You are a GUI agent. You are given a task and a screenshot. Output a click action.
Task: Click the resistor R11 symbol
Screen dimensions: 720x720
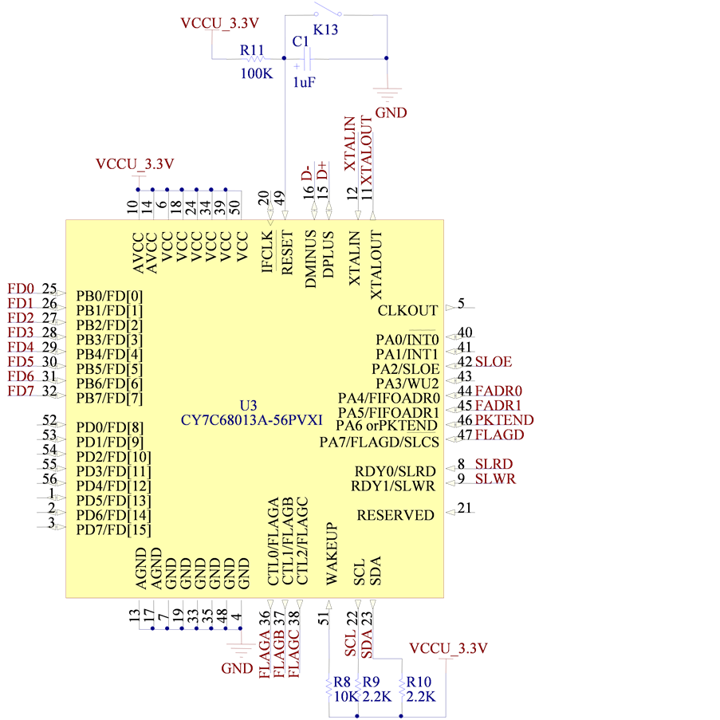255,58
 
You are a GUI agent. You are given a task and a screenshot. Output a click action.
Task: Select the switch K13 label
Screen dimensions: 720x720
325,30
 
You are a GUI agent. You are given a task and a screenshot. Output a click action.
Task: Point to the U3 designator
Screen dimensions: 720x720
249,404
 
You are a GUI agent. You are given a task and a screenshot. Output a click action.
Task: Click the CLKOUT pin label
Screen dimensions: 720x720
407,310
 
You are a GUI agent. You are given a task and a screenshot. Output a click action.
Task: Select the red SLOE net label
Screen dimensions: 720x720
493,361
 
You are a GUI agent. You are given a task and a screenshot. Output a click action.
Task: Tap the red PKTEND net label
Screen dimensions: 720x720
504,420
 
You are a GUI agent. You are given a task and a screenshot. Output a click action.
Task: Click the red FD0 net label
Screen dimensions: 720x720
22,289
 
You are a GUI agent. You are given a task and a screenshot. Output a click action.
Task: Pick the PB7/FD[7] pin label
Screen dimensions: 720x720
109,398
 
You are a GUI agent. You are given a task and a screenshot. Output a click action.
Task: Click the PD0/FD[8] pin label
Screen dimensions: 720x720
109,427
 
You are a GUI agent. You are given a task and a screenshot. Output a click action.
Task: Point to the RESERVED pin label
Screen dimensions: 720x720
395,515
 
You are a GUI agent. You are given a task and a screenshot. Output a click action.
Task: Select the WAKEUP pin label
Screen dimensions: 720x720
332,554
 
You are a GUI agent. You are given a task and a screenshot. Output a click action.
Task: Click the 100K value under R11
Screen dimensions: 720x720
257,74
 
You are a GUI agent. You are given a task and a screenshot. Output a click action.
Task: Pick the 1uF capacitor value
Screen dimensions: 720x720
304,82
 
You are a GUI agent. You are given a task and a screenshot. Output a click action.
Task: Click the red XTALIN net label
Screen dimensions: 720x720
349,143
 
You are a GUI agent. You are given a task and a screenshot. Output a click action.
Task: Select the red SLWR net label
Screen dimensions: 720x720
494,478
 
